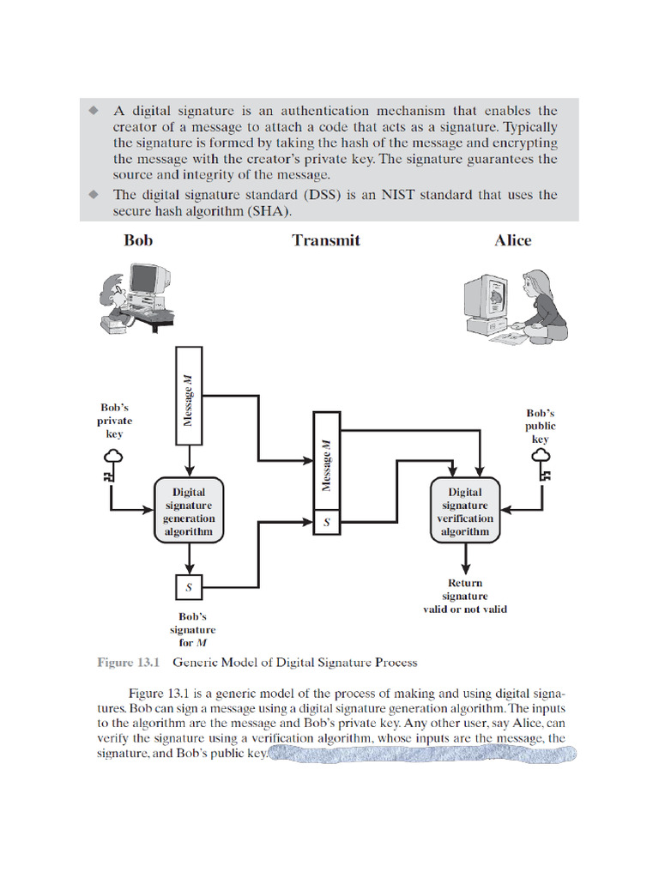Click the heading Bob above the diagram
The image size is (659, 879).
pyautogui.click(x=138, y=240)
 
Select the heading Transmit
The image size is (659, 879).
pyautogui.click(x=326, y=240)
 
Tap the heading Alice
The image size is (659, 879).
pyautogui.click(x=512, y=240)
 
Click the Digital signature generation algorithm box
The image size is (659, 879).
pyautogui.click(x=189, y=512)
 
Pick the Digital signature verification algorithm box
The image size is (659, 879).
pyautogui.click(x=465, y=512)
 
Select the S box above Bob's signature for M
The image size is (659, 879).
pyautogui.click(x=189, y=587)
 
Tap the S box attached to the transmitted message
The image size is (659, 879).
pyautogui.click(x=326, y=521)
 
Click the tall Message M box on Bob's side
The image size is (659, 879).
pyautogui.click(x=189, y=396)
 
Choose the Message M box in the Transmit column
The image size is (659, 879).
pyautogui.click(x=326, y=461)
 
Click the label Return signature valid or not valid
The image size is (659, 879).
pyautogui.click(x=465, y=596)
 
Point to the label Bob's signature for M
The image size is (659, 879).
pyautogui.click(x=192, y=629)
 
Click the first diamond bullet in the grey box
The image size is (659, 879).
pyautogui.click(x=94, y=111)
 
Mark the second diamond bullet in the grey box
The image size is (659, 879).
pyautogui.click(x=94, y=195)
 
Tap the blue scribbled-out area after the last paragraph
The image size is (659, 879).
pyautogui.click(x=422, y=755)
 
